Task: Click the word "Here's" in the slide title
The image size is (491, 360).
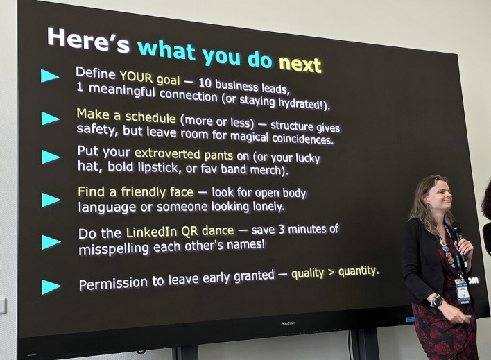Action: pyautogui.click(x=88, y=41)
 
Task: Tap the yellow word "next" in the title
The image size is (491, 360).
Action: pyautogui.click(x=300, y=65)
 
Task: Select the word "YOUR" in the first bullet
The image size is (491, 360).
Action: pyautogui.click(x=136, y=77)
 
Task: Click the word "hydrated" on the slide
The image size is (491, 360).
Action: pyautogui.click(x=300, y=103)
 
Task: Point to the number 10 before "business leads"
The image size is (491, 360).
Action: pyautogui.click(x=205, y=83)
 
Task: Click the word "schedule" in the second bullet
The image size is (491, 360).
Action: pyautogui.click(x=150, y=117)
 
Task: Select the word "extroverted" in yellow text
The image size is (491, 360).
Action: pyautogui.click(x=167, y=153)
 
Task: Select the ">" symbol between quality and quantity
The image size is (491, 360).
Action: pyautogui.click(x=331, y=273)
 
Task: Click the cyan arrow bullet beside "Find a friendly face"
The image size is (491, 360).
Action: pyautogui.click(x=51, y=200)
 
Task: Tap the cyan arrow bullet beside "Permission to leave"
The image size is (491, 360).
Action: pyautogui.click(x=51, y=286)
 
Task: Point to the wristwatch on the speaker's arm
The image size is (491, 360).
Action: pyautogui.click(x=436, y=301)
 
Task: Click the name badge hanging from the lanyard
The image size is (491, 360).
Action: pyautogui.click(x=463, y=291)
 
